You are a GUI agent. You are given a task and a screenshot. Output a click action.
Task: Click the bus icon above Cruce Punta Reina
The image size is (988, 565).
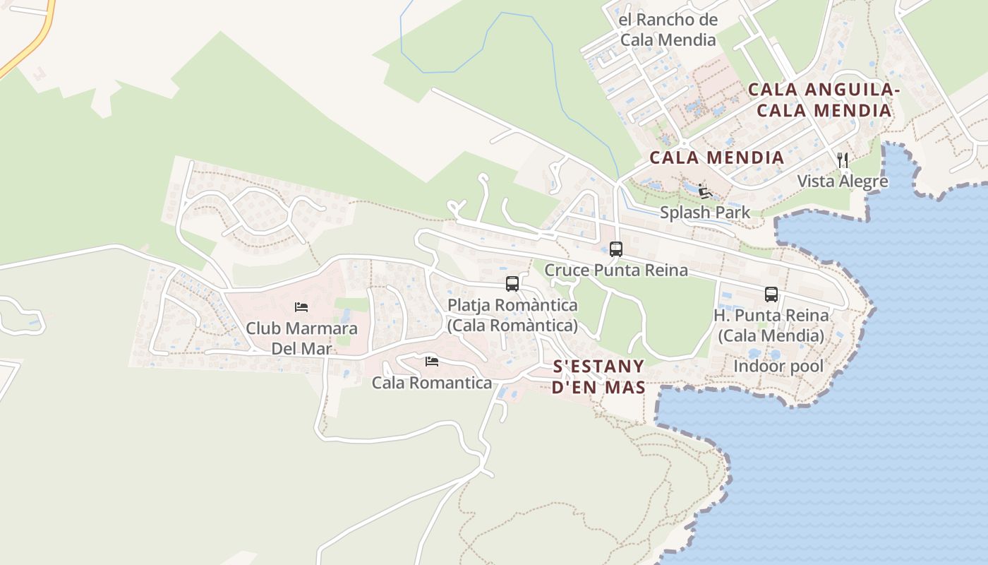click(616, 249)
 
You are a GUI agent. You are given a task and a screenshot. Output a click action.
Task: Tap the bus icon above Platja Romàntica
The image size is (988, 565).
click(512, 284)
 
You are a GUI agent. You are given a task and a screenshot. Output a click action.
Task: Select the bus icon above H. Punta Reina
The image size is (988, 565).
click(771, 294)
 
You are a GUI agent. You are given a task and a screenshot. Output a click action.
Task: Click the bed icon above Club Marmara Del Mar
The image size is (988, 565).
click(301, 307)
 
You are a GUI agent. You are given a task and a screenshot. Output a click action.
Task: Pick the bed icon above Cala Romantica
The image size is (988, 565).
click(432, 362)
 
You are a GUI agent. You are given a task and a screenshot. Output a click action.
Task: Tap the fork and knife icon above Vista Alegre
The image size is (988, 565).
click(843, 160)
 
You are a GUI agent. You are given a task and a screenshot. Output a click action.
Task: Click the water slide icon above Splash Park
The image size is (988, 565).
click(704, 191)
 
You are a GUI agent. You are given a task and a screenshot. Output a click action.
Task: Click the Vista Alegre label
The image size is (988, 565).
click(843, 182)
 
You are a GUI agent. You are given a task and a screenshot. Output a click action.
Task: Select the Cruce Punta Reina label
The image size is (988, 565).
click(616, 270)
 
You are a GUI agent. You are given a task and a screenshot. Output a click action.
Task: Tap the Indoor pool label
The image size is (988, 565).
click(778, 367)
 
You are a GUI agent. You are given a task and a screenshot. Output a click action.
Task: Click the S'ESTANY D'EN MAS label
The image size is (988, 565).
click(599, 376)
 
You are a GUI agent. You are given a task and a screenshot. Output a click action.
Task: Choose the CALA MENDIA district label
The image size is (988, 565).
click(716, 157)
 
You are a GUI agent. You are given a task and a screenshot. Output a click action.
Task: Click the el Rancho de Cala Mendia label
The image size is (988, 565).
click(668, 30)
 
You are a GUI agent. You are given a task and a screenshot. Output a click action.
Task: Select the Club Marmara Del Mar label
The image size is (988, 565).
click(301, 338)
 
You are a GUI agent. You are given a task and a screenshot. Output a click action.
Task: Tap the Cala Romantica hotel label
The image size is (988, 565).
click(432, 383)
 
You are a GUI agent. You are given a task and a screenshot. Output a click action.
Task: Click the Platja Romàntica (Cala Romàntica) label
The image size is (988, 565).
click(512, 315)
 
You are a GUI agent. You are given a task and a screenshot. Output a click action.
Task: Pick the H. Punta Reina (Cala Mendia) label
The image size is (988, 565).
click(771, 325)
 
